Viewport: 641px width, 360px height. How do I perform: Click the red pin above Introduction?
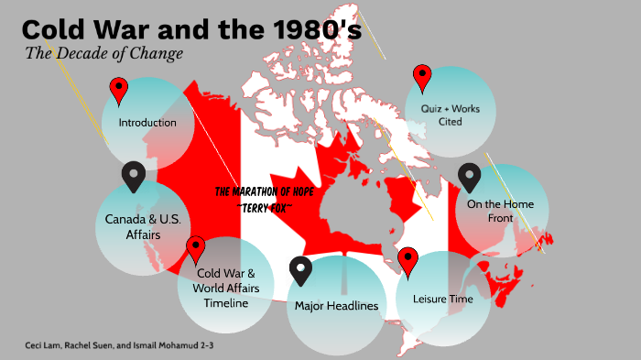click(119, 90)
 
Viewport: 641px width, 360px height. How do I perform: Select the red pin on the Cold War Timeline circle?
click(195, 248)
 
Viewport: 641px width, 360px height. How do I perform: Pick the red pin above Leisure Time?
click(407, 261)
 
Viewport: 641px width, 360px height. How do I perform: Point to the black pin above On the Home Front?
click(469, 176)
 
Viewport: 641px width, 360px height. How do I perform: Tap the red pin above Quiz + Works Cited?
click(422, 77)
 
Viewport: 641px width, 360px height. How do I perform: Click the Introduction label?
click(147, 122)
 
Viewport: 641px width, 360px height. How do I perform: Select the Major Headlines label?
click(336, 305)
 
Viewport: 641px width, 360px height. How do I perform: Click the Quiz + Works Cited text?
click(450, 115)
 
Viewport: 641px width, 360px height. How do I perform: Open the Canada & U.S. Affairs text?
click(144, 228)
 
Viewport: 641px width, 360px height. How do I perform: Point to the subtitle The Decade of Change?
click(104, 53)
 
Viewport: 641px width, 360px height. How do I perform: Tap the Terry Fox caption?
click(266, 206)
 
